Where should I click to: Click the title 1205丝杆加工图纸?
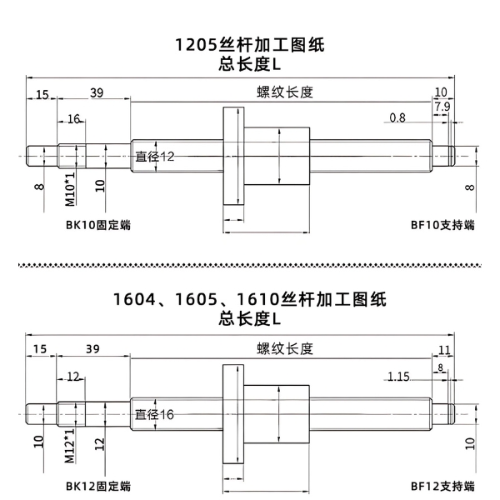[250, 45]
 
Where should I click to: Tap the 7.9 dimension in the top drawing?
[442, 107]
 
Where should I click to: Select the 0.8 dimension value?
[397, 117]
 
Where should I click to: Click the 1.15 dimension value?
[398, 377]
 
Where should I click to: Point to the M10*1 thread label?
[70, 189]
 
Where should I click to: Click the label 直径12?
[155, 157]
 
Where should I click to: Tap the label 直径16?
[154, 414]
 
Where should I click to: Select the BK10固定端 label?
[98, 225]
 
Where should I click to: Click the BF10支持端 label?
[442, 225]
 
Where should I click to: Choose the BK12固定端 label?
[98, 487]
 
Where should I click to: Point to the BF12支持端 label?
[442, 487]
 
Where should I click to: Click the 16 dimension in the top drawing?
[73, 119]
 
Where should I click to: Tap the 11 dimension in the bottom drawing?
[444, 350]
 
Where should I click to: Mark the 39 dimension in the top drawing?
[97, 92]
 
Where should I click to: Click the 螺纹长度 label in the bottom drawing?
[285, 348]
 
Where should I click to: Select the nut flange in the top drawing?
[233, 156]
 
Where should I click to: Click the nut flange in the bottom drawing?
[233, 414]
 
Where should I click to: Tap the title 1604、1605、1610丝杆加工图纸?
[250, 300]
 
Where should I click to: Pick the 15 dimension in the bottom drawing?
[40, 349]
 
